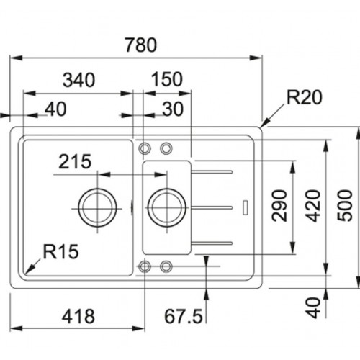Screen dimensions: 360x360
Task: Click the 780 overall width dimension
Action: [x=141, y=45]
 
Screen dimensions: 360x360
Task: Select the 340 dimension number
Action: [x=79, y=80]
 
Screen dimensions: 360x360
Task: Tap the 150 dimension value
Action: [x=167, y=79]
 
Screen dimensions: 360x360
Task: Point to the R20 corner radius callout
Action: [x=305, y=97]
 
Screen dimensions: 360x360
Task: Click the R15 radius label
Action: [x=60, y=251]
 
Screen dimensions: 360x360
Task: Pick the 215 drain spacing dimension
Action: [x=75, y=161]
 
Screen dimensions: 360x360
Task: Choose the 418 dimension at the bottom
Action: [x=78, y=316]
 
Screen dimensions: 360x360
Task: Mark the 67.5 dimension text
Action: [x=184, y=316]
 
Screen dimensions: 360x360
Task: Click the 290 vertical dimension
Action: [x=279, y=205]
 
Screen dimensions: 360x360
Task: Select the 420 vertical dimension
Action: [x=313, y=205]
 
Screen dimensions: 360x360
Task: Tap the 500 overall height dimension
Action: [x=345, y=205]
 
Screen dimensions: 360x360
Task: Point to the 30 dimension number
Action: [x=173, y=109]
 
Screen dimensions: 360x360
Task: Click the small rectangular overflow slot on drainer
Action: [x=246, y=207]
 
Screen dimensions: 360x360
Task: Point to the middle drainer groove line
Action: [x=212, y=207]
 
